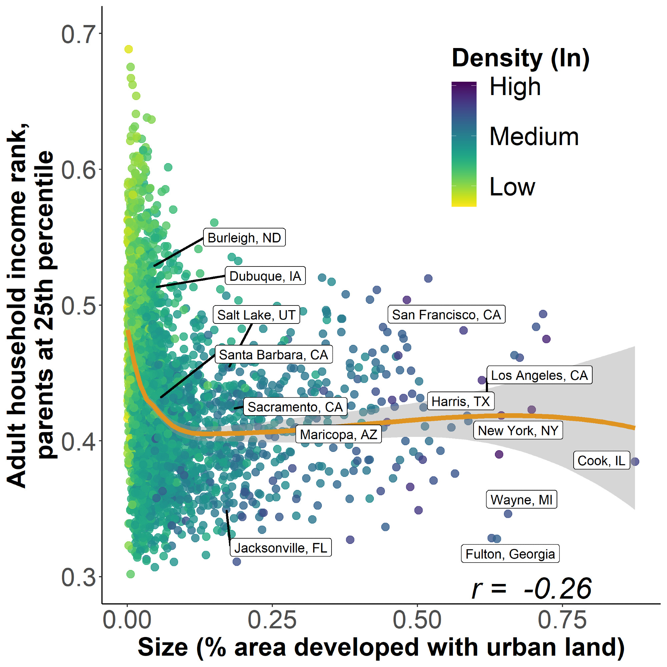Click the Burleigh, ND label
[244, 237]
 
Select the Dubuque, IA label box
[265, 276]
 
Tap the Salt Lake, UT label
[256, 315]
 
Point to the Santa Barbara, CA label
[273, 355]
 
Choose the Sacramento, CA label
[295, 407]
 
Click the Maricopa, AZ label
[338, 434]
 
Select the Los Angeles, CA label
[539, 375]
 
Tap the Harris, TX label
[461, 401]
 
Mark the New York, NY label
[518, 431]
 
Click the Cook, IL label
[601, 461]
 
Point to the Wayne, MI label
[521, 500]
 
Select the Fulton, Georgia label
[510, 554]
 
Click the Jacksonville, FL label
[281, 548]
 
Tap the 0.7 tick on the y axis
[78, 34]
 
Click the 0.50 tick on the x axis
[417, 620]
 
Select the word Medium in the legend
[534, 136]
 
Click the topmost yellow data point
[128, 49]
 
